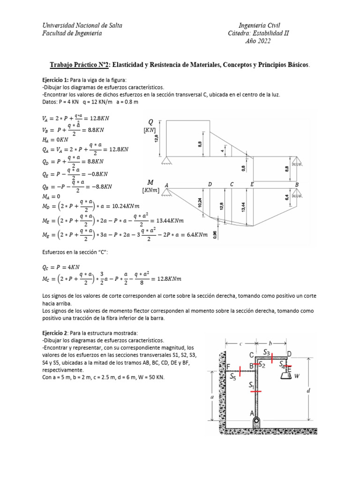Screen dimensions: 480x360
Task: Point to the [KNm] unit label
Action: click(x=150, y=191)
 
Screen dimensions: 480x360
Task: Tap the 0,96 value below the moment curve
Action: click(x=215, y=235)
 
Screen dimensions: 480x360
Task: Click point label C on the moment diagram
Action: click(x=232, y=185)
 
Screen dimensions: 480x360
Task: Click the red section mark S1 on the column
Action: click(x=256, y=390)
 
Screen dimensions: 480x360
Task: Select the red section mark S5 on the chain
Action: click(x=240, y=371)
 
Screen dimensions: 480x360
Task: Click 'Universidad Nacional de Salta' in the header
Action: click(x=82, y=25)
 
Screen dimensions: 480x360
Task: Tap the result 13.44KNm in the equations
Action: click(x=168, y=220)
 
